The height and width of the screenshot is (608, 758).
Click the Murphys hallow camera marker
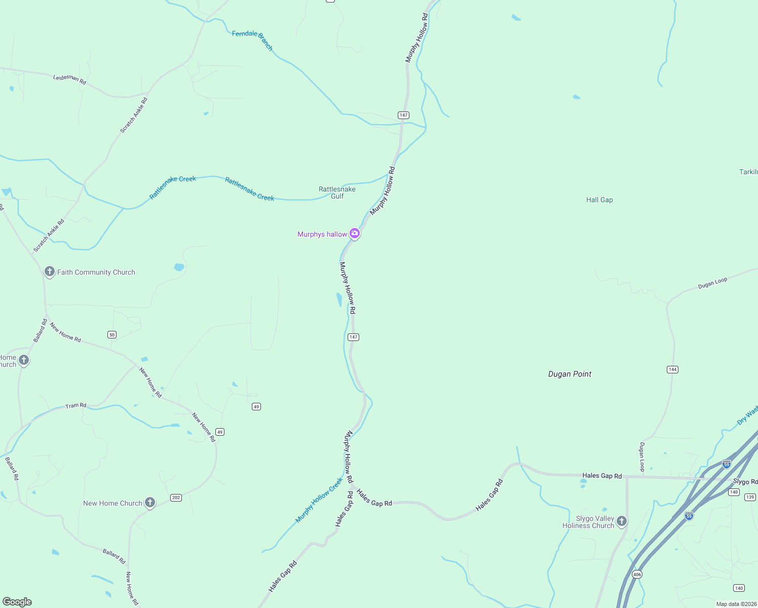(x=355, y=234)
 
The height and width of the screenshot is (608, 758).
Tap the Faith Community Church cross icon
(x=50, y=272)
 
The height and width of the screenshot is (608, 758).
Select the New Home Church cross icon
(x=150, y=503)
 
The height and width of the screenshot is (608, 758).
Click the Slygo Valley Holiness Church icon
(x=622, y=521)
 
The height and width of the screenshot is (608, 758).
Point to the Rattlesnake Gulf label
(x=337, y=193)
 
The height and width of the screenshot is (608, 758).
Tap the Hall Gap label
(x=599, y=200)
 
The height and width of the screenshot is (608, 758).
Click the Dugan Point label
(x=570, y=374)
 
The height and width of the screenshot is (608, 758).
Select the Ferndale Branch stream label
(x=252, y=40)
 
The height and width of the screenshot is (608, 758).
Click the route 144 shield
(x=672, y=369)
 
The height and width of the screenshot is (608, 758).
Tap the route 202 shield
(x=176, y=498)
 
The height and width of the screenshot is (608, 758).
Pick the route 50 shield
(x=112, y=334)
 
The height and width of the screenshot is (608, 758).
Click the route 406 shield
(x=637, y=574)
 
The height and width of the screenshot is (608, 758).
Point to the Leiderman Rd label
(x=69, y=79)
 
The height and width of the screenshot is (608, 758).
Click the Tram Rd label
(x=76, y=405)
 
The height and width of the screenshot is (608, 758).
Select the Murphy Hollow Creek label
(x=319, y=500)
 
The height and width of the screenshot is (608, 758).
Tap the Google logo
(x=17, y=602)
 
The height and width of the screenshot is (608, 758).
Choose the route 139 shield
(x=750, y=497)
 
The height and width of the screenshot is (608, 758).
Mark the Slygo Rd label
(x=745, y=481)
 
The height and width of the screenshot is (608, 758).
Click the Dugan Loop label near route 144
(x=642, y=457)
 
